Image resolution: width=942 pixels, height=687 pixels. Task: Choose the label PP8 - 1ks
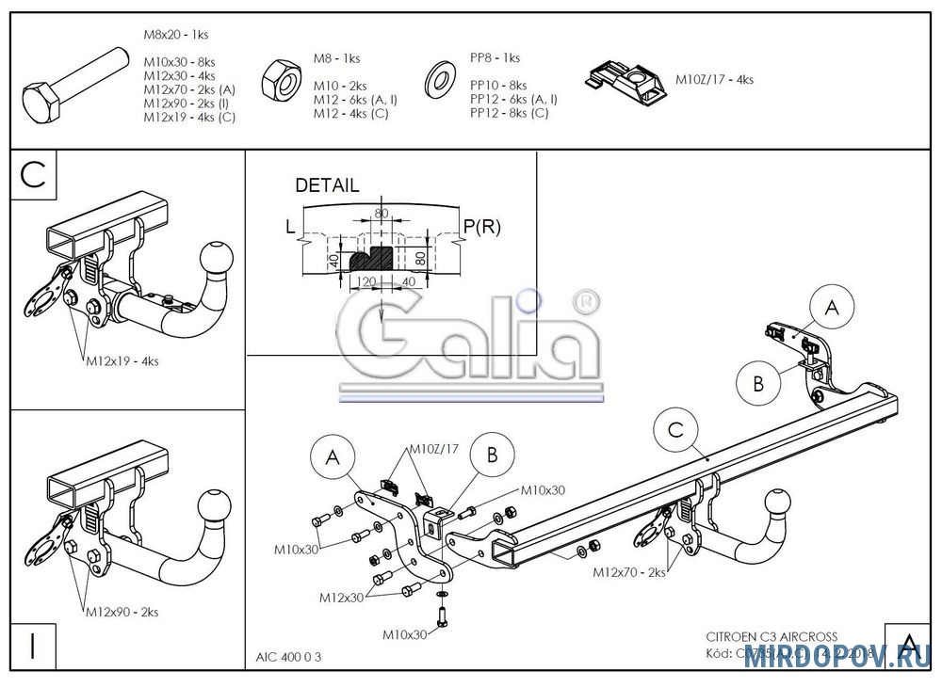[x=495, y=57]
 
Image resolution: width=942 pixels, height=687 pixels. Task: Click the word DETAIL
[x=327, y=185]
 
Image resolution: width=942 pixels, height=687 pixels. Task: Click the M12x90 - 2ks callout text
[x=122, y=612]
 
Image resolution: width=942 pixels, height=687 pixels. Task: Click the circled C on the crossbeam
[x=675, y=430]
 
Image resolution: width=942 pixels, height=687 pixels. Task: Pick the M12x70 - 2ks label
[x=630, y=571]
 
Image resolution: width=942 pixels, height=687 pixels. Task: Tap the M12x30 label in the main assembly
[x=341, y=598]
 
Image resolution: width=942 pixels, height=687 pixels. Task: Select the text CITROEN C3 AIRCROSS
[x=771, y=636]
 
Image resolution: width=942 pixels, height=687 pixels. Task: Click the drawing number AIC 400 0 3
[x=288, y=658]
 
